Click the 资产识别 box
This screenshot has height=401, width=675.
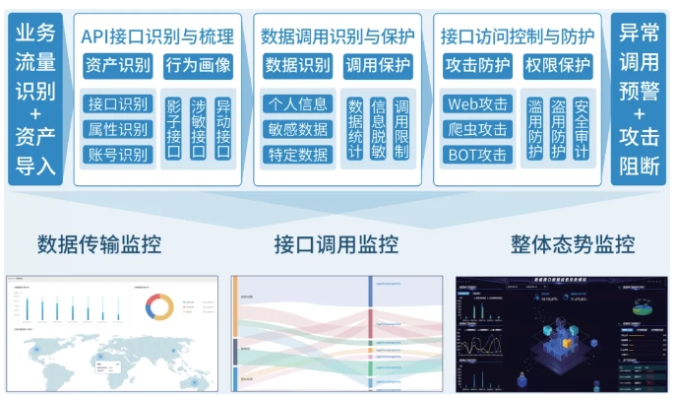coord(118,67)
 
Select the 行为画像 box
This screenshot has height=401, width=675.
coord(198,67)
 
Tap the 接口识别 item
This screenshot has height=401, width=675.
coord(118,103)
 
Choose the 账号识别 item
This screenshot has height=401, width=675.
coord(118,154)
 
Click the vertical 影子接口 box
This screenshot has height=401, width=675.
coord(173,129)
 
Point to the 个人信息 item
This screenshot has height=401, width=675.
coord(297,103)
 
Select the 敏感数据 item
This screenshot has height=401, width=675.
coord(297,128)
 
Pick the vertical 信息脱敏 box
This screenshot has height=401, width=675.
coord(378,129)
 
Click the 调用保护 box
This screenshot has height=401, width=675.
coord(378,67)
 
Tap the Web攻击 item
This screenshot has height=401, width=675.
coord(477,103)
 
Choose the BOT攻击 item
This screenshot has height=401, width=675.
coord(477,154)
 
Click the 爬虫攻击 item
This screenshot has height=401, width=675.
coord(477,129)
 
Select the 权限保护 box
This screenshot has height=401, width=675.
coord(558,67)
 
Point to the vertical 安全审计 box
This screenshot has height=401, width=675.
coord(582,129)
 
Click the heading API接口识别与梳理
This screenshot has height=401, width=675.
coord(157,36)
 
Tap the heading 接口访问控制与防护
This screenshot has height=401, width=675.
coord(518,36)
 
